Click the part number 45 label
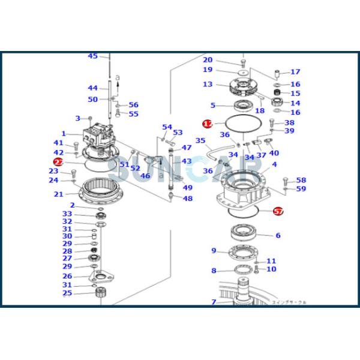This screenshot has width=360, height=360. click(92, 56)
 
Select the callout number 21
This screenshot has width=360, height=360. click(58, 194)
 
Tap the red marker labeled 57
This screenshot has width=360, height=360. click(278, 211)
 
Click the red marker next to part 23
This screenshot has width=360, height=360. click(58, 162)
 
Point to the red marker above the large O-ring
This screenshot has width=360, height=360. click(208, 124)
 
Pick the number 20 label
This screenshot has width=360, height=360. click(208, 60)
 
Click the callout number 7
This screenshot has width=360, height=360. click(213, 302)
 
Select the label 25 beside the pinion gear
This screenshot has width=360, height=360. click(67, 293)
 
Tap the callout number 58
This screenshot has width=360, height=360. click(301, 180)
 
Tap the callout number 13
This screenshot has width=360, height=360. click(208, 85)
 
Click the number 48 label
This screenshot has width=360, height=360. click(188, 199)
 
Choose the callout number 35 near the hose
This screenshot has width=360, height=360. click(200, 141)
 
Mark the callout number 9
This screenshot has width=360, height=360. click(213, 251)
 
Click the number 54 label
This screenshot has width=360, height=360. click(167, 127)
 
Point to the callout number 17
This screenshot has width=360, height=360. click(295, 72)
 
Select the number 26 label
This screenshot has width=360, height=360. click(67, 276)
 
